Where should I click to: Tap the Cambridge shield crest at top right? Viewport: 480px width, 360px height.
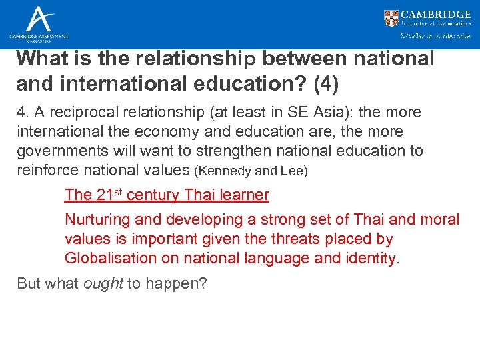[x=391, y=18]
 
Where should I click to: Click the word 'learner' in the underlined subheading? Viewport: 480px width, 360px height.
[x=245, y=195]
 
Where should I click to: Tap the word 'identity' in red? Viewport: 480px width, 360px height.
[x=371, y=258]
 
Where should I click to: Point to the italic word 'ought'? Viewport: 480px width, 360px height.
[x=103, y=283]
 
